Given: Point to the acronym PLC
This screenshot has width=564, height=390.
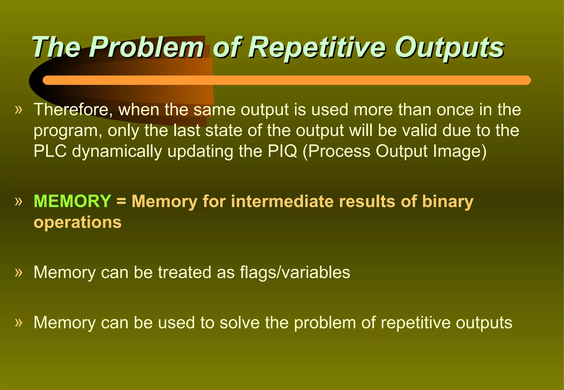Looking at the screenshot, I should click(50, 151).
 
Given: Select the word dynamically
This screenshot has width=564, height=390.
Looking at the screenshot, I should click(117, 152).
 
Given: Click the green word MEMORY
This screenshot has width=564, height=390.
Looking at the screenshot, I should click(72, 201).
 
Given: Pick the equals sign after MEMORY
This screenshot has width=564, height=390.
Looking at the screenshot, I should click(121, 201).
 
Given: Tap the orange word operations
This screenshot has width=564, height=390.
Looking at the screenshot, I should click(77, 222).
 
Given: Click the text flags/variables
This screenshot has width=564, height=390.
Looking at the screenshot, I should click(295, 272).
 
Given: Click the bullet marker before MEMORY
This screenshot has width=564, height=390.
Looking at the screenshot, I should click(18, 202).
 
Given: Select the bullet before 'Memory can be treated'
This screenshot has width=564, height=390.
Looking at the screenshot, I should click(18, 273).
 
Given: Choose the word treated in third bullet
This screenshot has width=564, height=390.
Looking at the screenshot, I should click(185, 272).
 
